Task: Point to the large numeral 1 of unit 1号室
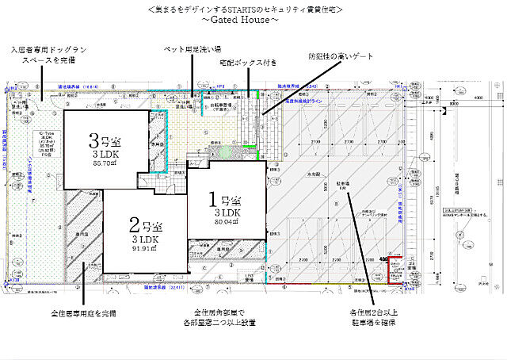point(213,196)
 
